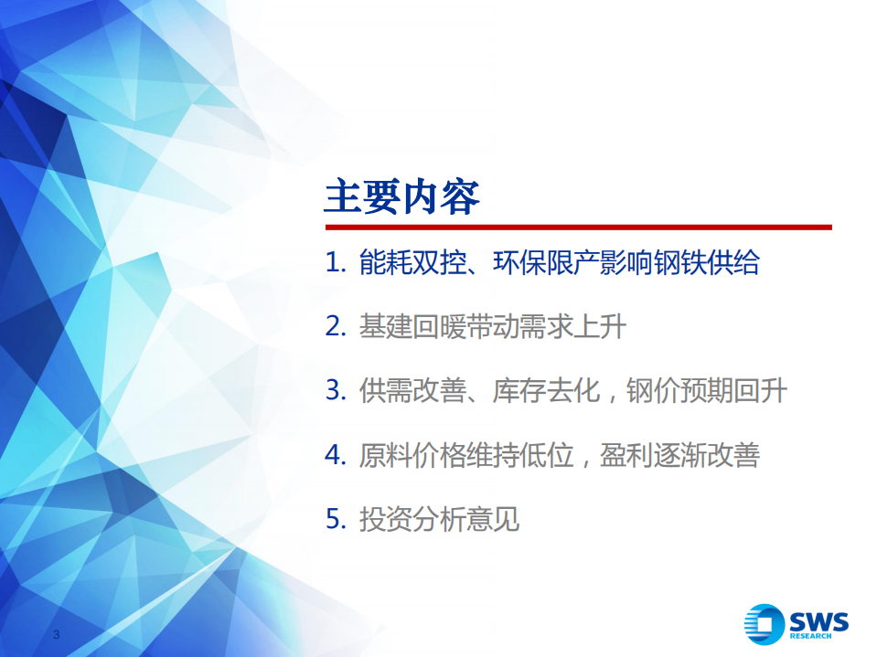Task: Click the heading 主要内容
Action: [402, 196]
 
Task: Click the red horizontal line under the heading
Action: [577, 227]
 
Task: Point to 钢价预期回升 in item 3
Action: [706, 391]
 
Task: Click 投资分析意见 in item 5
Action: [439, 519]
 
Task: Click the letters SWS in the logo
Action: [819, 621]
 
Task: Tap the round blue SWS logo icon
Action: [764, 626]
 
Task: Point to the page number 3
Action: [57, 635]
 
